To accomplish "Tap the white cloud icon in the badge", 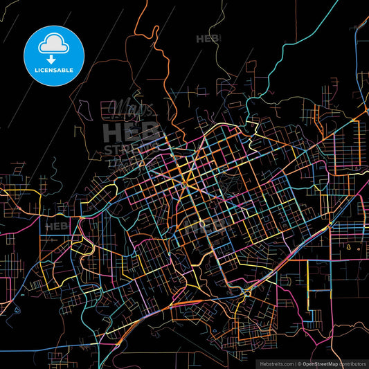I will pos(54,45).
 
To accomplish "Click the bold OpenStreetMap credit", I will pos(319,363).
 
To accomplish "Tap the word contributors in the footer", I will pos(351,363).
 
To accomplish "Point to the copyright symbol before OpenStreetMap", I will pos(299,363).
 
